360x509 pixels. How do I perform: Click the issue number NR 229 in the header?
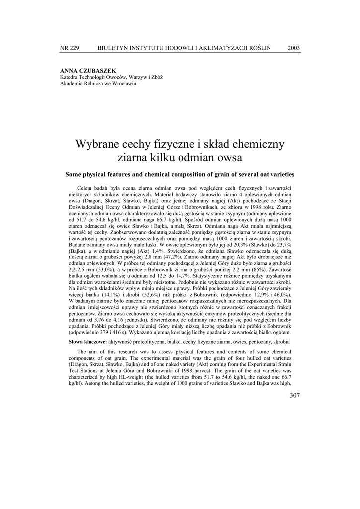69,48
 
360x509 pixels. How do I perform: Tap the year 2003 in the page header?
294,48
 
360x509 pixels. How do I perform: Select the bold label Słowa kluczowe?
88,342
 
